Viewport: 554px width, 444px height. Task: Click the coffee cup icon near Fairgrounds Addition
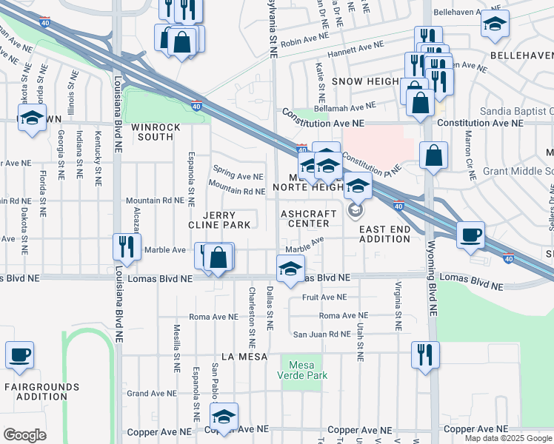click(19, 354)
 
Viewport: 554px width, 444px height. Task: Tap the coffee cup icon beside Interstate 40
click(470, 235)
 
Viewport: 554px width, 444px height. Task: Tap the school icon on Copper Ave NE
click(223, 416)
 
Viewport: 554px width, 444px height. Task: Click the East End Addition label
click(384, 235)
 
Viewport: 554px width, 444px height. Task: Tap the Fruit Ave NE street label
click(330, 297)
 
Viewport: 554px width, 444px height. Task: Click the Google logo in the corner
click(24, 434)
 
